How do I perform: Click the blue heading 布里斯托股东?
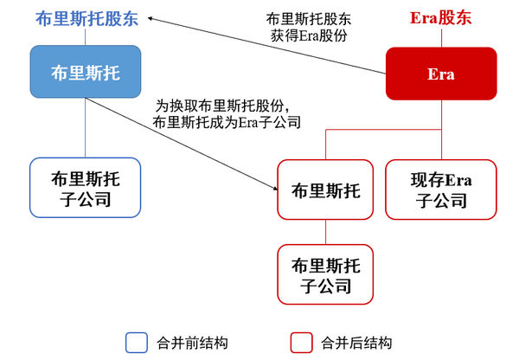pos(86,18)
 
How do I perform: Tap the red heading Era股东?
pos(440,17)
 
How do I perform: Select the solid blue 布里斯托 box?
pos(86,72)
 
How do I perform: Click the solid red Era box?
pos(441,74)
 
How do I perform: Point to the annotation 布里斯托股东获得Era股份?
pos(309,27)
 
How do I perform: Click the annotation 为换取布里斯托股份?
pos(222,106)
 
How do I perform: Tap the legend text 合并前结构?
pos(192,343)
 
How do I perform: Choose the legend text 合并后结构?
pos(356,343)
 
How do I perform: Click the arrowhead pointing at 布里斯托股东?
pos(150,18)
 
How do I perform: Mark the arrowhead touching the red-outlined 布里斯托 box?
pos(275,188)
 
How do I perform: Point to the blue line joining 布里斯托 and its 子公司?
pos(86,128)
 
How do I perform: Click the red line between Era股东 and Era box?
pos(441,38)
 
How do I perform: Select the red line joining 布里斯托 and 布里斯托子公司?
pos(325,232)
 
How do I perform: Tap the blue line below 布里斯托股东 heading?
pos(86,37)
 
